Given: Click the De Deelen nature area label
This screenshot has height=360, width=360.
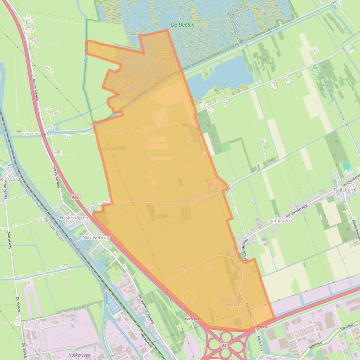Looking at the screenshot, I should [x=183, y=25].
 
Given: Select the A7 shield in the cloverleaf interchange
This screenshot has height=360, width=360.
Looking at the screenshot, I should [x=224, y=346].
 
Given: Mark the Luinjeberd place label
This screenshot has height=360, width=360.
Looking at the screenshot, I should [x=270, y=219].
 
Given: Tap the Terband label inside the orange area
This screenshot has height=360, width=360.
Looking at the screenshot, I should [x=234, y=304].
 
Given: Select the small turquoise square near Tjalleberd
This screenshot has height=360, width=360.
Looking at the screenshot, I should [x=346, y=166].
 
